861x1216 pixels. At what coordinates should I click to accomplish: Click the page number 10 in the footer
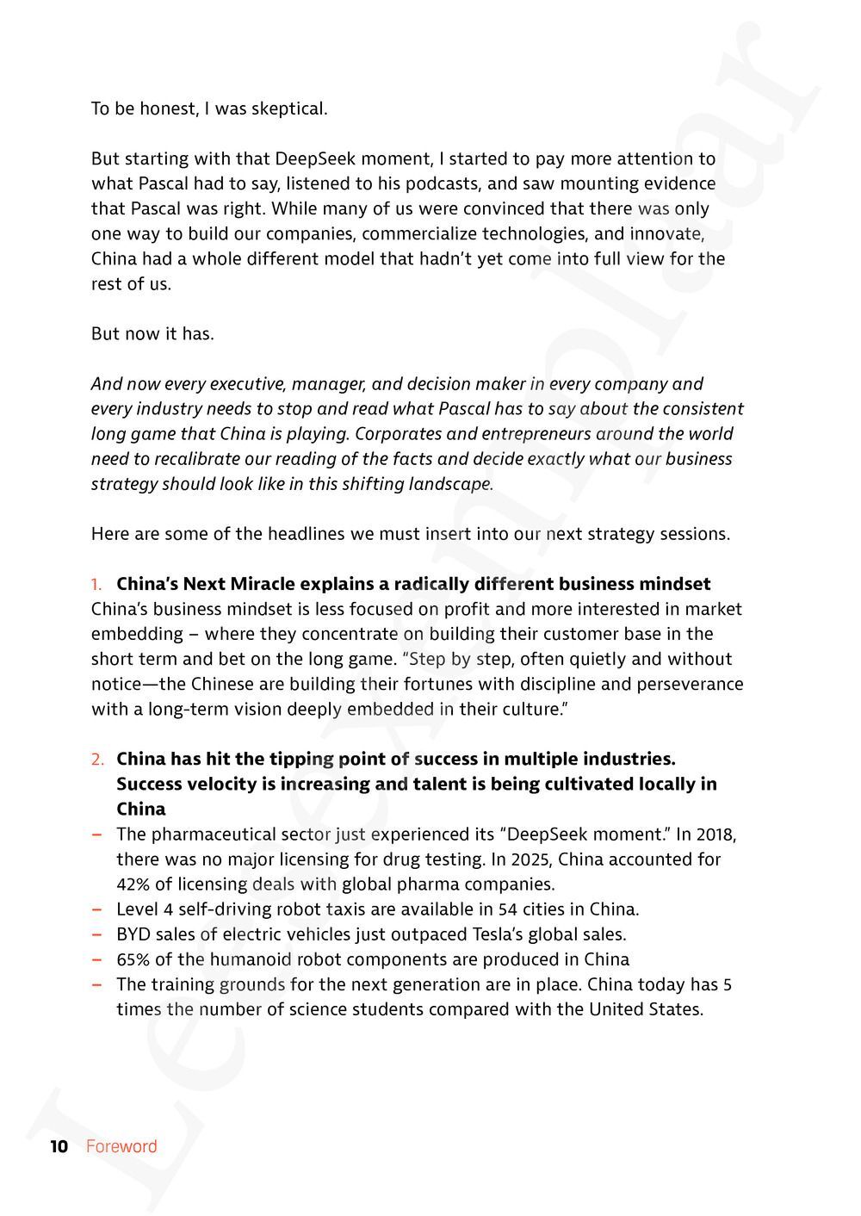tap(59, 1146)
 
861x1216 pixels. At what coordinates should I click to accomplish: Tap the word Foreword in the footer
tap(121, 1146)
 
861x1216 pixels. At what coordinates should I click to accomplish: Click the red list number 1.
tap(96, 585)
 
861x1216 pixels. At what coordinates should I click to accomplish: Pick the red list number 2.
tap(98, 760)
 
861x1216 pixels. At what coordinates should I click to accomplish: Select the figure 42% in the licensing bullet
tap(133, 884)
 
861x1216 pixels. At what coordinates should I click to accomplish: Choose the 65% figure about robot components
tap(133, 959)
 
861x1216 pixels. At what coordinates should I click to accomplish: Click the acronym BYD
tap(133, 934)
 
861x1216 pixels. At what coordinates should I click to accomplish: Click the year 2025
tap(507, 859)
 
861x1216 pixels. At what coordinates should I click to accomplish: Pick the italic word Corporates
tap(397, 434)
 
